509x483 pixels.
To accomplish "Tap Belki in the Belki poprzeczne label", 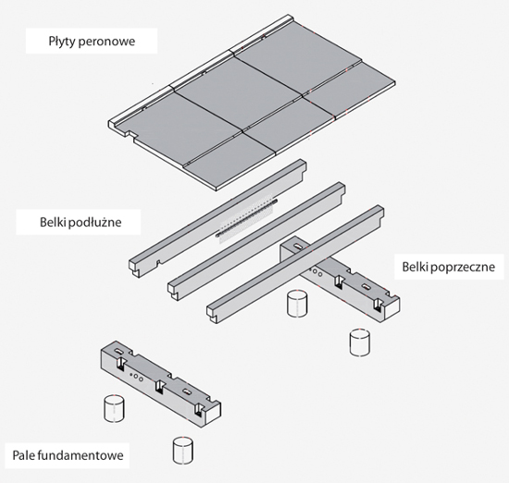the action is (416, 266).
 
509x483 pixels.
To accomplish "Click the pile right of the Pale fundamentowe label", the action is (182, 451).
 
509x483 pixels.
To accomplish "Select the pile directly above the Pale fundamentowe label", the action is (114, 408).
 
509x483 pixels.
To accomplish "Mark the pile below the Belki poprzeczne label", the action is (360, 342).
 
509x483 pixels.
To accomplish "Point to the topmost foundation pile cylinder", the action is (297, 303).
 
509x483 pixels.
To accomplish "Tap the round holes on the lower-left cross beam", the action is (136, 378).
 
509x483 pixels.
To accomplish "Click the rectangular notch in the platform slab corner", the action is (130, 134).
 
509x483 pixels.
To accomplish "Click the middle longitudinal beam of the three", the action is (256, 241).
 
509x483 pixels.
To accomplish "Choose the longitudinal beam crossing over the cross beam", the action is (295, 264).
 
